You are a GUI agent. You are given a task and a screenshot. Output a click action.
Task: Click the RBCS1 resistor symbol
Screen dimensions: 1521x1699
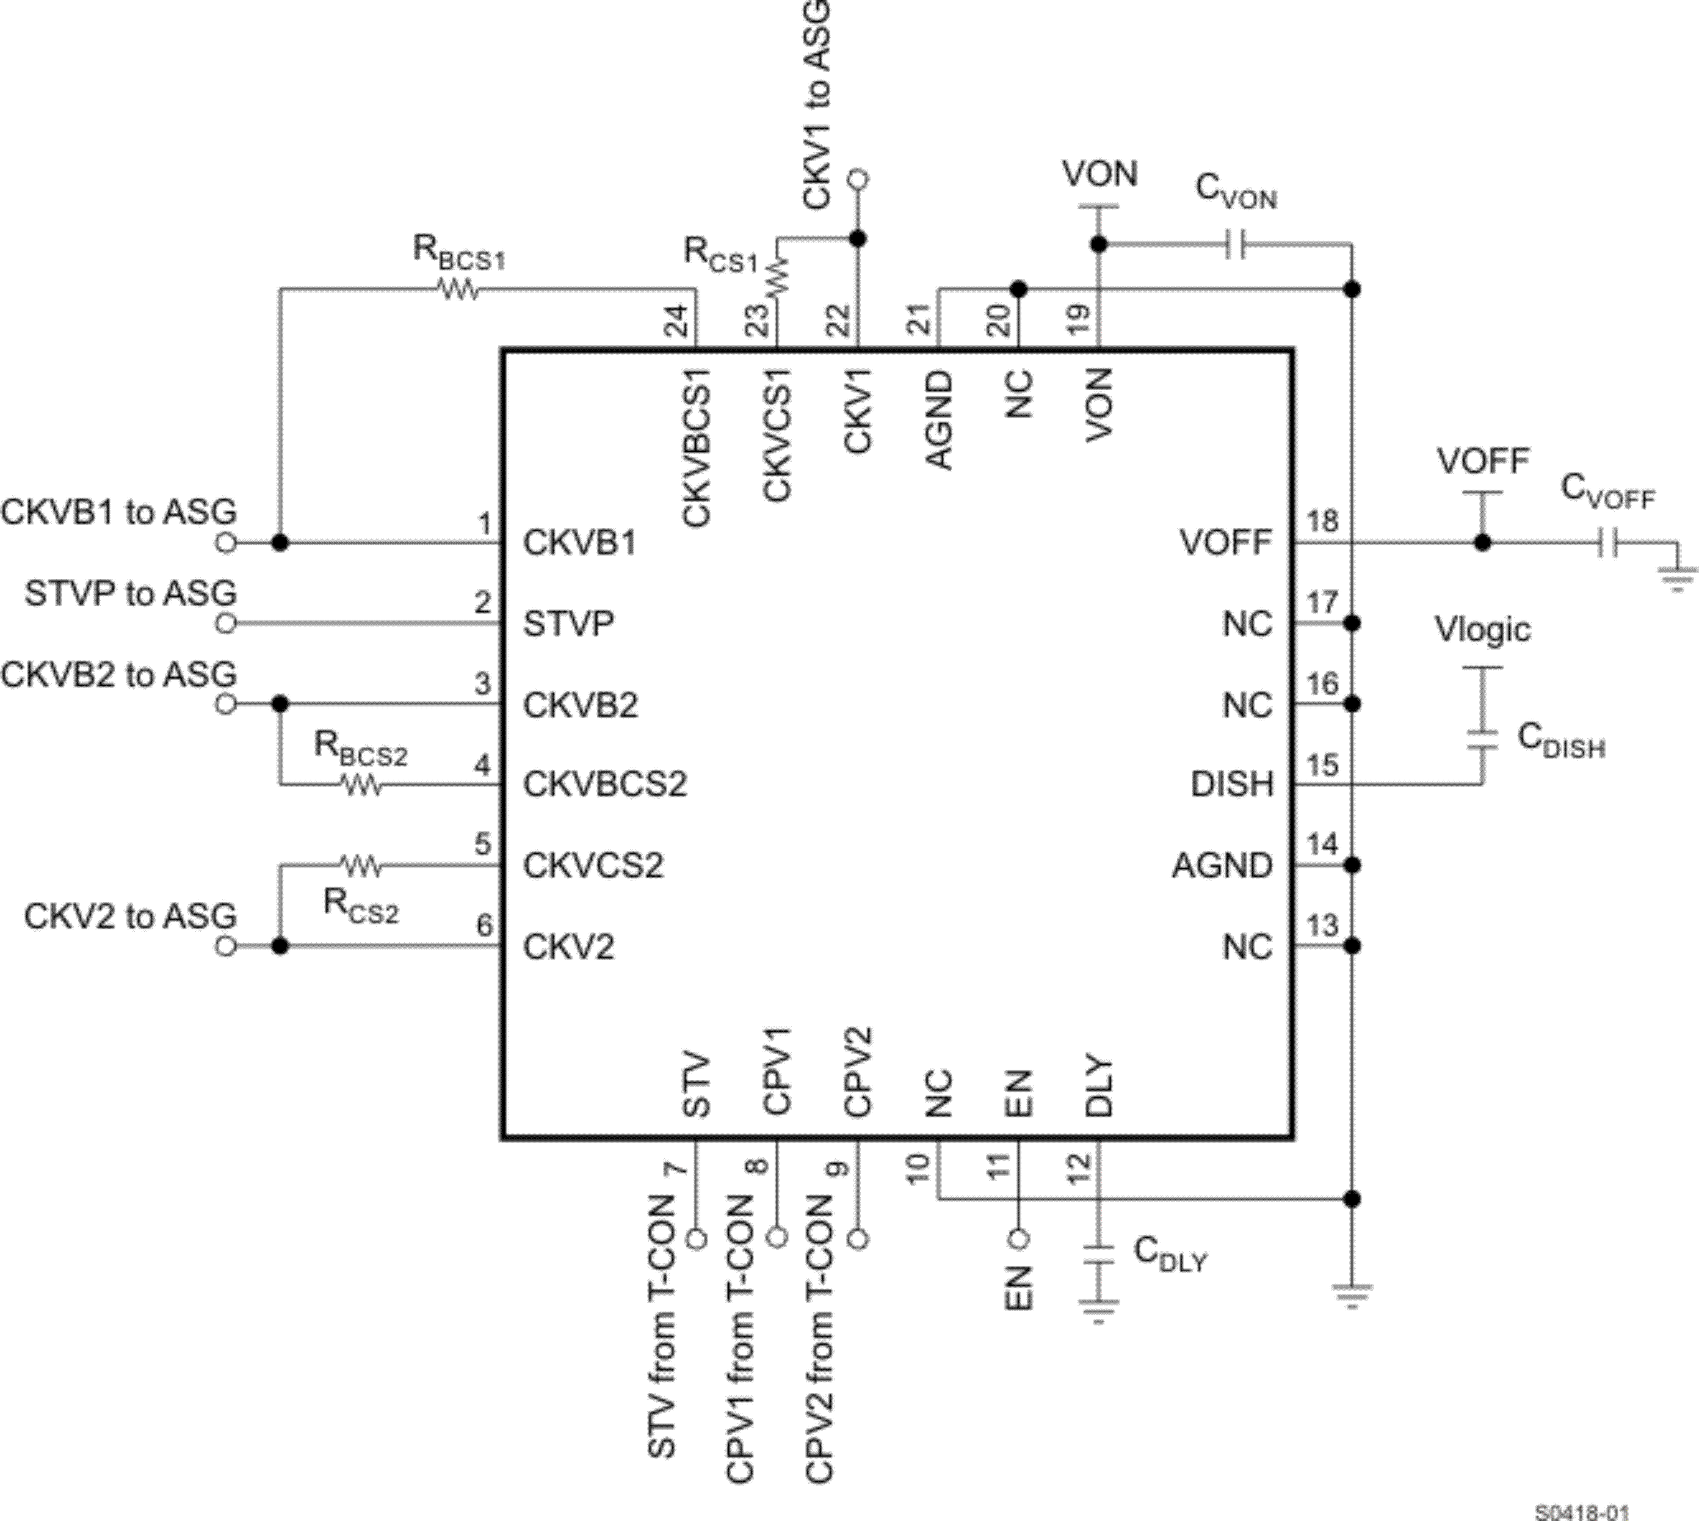pyautogui.click(x=457, y=289)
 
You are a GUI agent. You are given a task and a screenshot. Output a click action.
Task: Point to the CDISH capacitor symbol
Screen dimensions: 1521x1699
pyautogui.click(x=1482, y=739)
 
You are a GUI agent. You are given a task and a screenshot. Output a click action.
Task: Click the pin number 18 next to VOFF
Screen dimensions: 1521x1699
pyautogui.click(x=1323, y=521)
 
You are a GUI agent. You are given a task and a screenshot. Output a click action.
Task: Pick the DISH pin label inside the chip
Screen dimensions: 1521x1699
pyautogui.click(x=1232, y=785)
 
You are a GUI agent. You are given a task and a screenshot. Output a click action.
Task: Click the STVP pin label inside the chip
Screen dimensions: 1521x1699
pyautogui.click(x=568, y=623)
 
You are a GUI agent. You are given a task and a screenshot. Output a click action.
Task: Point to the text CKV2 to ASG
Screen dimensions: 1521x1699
pyautogui.click(x=131, y=916)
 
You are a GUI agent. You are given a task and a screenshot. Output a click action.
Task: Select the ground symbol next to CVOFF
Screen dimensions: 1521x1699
pyautogui.click(x=1677, y=576)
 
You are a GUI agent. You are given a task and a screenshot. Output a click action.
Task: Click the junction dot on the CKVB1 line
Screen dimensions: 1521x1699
pyautogui.click(x=280, y=543)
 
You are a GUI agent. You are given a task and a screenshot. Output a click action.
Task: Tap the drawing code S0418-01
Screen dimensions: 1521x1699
pyautogui.click(x=1582, y=1512)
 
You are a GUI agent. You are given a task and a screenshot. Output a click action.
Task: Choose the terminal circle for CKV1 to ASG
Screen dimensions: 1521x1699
pyautogui.click(x=858, y=179)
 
